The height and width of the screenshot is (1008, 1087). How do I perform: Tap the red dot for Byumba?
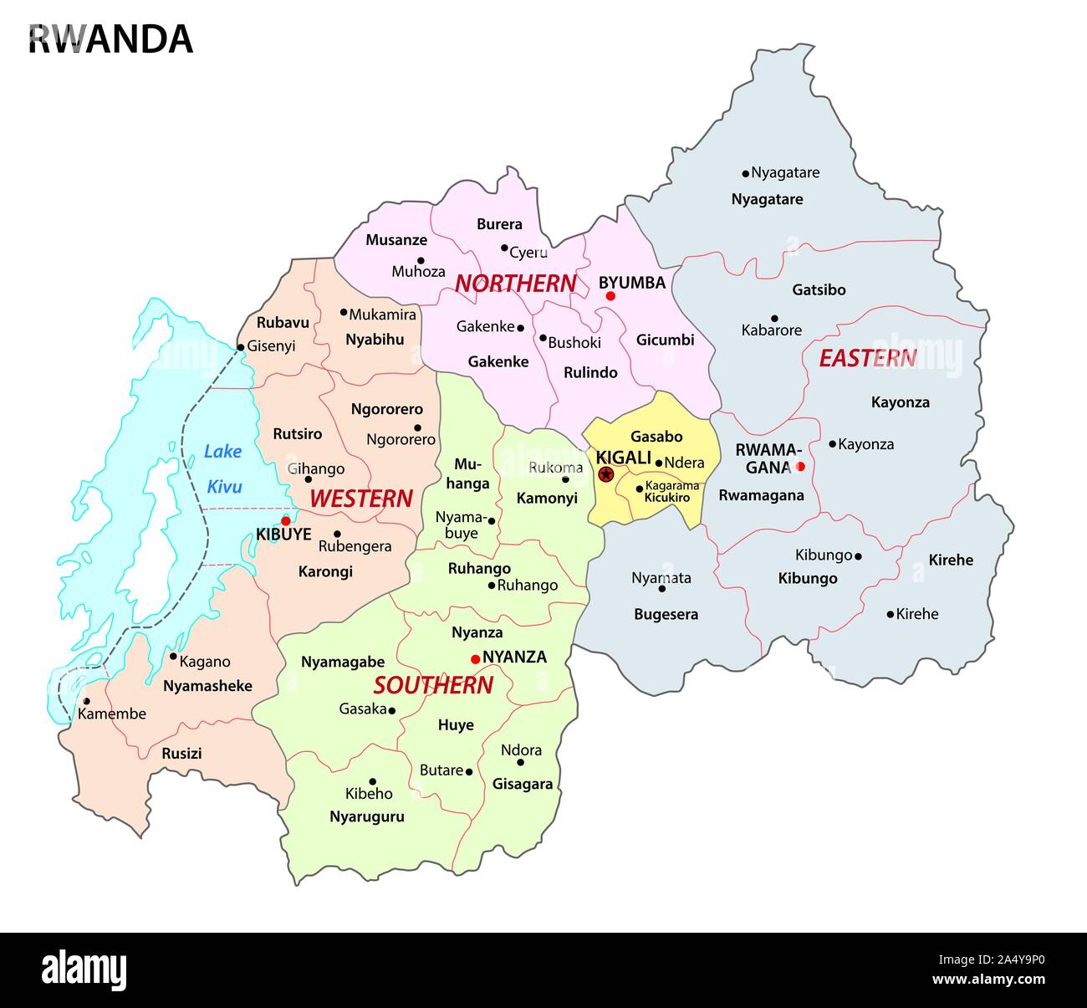pyautogui.click(x=610, y=296)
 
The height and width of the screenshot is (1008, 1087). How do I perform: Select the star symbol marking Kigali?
pyautogui.click(x=606, y=474)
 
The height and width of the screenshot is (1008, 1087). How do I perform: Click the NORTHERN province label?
pyautogui.click(x=515, y=284)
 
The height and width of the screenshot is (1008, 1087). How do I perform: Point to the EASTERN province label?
pyautogui.click(x=867, y=358)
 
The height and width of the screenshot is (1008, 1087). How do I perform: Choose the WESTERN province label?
pyautogui.click(x=360, y=499)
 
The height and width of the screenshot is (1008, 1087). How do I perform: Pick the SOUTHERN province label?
pyautogui.click(x=433, y=685)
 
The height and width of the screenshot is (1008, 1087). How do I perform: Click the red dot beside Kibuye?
pyautogui.click(x=286, y=520)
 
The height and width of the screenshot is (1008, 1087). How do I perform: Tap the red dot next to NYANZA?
pyautogui.click(x=475, y=659)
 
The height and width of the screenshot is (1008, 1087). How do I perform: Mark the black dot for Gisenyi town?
pyautogui.click(x=241, y=346)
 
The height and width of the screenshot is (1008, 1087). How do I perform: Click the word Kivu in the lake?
pyautogui.click(x=224, y=487)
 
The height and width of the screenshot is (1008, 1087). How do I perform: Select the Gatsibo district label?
pyautogui.click(x=819, y=290)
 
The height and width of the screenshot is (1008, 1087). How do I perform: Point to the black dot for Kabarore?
pyautogui.click(x=774, y=318)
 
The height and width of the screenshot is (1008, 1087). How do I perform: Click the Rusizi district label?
pyautogui.click(x=181, y=754)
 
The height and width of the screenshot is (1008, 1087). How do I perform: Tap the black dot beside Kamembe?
pyautogui.click(x=86, y=701)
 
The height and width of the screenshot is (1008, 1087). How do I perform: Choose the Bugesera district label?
pyautogui.click(x=666, y=614)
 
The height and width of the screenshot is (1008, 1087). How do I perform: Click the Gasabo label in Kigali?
pyautogui.click(x=656, y=437)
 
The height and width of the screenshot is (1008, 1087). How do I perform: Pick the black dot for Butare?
pyautogui.click(x=469, y=772)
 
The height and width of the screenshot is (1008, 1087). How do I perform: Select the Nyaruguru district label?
pyautogui.click(x=366, y=816)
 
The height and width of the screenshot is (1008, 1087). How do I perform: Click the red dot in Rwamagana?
pyautogui.click(x=800, y=466)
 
